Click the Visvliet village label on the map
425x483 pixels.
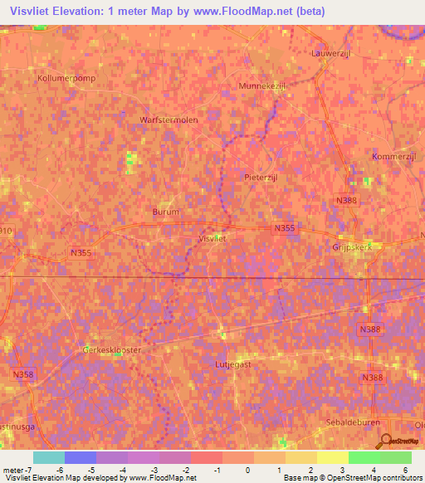click(213, 238)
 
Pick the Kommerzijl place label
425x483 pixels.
click(393, 157)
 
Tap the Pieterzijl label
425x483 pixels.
click(264, 177)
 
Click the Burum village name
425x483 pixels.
click(166, 212)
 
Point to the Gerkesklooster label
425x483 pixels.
click(112, 350)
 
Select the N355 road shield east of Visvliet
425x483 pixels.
click(284, 227)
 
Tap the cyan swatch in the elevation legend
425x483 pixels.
click(49, 457)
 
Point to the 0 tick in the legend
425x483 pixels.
click(247, 471)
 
